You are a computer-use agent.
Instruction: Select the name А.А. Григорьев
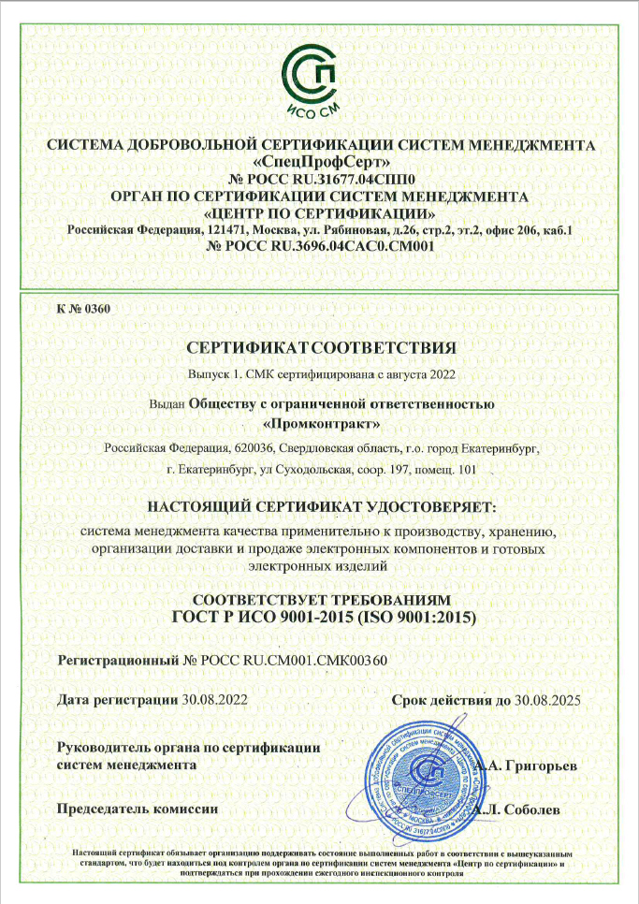[x=525, y=765]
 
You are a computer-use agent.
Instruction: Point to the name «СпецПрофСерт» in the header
[x=320, y=161]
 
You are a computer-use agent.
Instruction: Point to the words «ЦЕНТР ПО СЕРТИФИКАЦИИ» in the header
[x=320, y=212]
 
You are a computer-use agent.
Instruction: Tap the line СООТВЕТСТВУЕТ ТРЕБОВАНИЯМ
[x=320, y=599]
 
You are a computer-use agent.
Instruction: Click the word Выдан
[x=167, y=405]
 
